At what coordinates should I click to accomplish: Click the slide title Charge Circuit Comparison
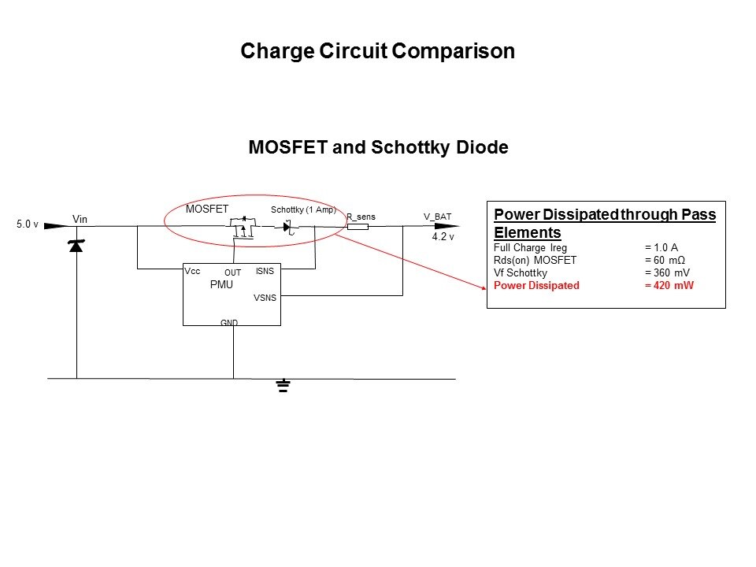pos(377,52)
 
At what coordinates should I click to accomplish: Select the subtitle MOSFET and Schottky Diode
pos(378,147)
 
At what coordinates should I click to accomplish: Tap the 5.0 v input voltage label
pos(28,225)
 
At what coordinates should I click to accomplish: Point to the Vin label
pos(80,219)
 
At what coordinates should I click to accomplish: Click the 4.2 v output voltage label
pos(443,236)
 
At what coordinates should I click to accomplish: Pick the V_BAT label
pos(437,217)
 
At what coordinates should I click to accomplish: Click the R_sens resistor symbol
pos(358,227)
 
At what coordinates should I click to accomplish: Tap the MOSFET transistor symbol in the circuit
pos(244,228)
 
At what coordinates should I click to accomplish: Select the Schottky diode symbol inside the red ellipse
pos(288,227)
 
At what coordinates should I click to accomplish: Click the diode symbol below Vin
pos(76,246)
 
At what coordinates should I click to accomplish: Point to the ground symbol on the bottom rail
pos(283,386)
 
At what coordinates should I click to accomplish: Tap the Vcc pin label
pos(193,271)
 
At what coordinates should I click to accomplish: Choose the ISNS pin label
pos(265,272)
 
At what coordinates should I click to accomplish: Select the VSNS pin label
pos(263,298)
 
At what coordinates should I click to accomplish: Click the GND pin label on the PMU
pos(229,323)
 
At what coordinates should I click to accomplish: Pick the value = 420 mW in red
pos(669,286)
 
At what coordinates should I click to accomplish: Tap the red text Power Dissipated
pos(535,286)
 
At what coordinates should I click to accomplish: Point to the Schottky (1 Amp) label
pos(303,210)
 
